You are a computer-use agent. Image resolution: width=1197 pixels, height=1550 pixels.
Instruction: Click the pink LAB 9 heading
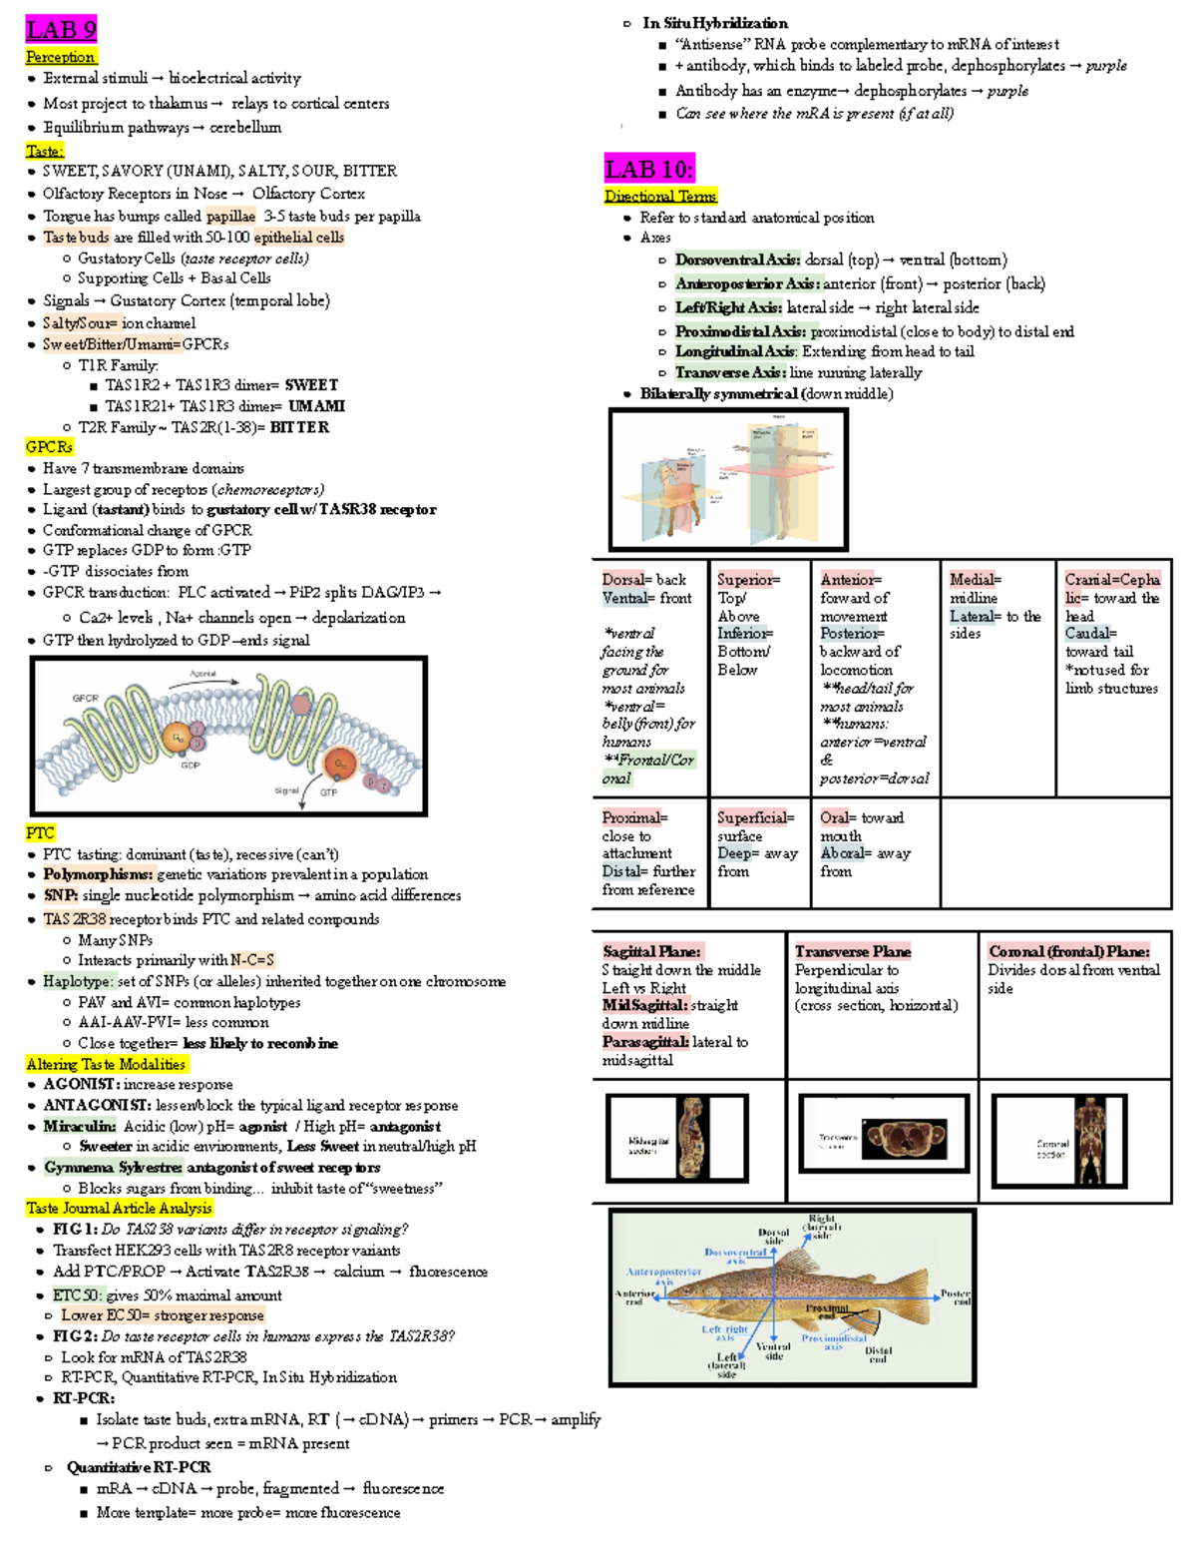tap(61, 30)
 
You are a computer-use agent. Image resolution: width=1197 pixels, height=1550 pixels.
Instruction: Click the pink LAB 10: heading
tap(648, 169)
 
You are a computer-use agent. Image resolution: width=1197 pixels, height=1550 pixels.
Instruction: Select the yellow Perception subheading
tap(61, 57)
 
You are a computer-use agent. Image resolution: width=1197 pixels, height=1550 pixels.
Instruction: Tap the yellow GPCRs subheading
tap(49, 447)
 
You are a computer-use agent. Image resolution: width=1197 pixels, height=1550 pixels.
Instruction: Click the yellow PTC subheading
tap(40, 832)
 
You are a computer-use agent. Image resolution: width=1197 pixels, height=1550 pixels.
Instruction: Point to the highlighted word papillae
tap(230, 217)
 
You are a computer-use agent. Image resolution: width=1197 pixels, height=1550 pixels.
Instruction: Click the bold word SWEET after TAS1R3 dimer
tap(311, 385)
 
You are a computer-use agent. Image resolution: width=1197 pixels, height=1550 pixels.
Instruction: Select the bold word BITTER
tap(299, 427)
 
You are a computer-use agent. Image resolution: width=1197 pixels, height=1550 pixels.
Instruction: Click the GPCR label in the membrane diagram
tap(86, 698)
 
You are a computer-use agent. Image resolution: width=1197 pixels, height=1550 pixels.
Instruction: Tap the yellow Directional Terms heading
tap(660, 197)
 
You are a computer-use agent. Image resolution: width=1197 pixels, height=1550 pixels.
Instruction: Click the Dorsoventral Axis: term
tap(737, 259)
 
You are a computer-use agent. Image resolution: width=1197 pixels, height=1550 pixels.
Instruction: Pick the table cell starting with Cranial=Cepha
tap(1111, 634)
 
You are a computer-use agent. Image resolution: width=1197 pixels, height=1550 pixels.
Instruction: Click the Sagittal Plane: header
tap(652, 951)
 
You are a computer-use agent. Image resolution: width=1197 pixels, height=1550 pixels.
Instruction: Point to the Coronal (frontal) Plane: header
tap(1068, 951)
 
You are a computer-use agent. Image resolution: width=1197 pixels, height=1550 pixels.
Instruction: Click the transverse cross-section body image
tap(903, 1137)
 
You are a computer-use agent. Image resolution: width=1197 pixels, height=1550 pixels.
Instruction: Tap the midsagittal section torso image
tap(692, 1137)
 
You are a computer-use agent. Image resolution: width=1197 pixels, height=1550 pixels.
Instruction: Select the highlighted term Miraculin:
tap(79, 1126)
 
